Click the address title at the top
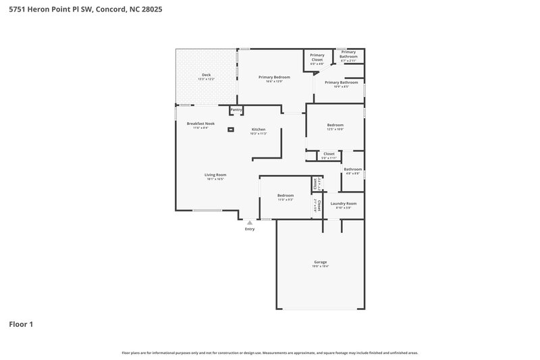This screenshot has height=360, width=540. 85,10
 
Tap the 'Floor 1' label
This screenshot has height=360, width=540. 21,324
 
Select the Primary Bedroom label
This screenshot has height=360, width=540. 274,77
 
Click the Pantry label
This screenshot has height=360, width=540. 236,109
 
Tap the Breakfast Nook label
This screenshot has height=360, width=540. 200,124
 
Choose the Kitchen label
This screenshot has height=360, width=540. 259,129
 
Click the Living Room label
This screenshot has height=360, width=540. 215,175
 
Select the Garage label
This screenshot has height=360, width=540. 320,262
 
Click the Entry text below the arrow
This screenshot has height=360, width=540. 250,230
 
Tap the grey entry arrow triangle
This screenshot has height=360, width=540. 250,222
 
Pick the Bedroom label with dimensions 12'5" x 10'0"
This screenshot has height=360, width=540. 335,125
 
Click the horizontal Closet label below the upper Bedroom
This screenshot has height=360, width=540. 329,154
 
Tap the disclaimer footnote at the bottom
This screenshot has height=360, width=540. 269,353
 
